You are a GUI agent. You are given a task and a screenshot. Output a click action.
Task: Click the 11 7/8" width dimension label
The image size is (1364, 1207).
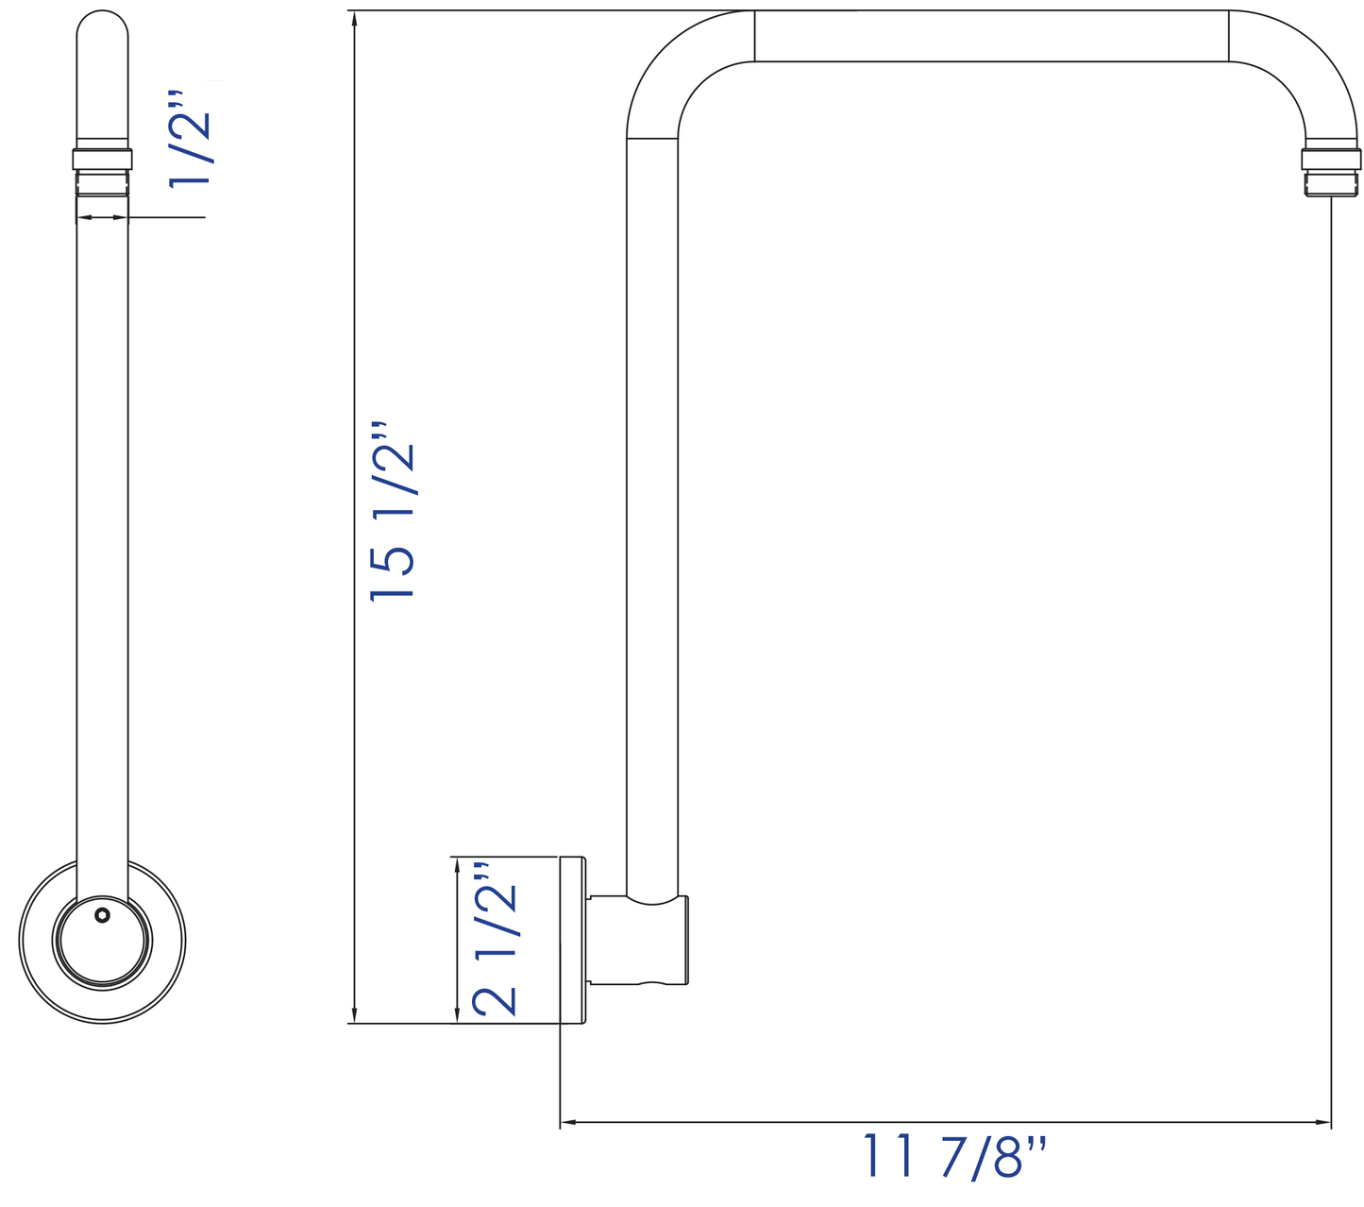954,1156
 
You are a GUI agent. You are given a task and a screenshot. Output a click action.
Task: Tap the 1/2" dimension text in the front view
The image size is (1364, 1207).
190,139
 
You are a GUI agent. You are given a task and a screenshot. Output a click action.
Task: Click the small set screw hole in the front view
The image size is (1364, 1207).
102,915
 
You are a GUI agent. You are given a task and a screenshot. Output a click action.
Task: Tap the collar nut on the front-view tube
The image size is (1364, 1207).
102,159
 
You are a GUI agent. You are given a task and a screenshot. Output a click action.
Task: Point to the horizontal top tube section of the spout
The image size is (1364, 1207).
991,36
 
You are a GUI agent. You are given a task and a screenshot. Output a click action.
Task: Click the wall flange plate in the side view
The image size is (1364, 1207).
573,940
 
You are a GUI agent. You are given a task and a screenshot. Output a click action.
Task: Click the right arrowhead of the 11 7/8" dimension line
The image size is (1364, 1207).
1323,1122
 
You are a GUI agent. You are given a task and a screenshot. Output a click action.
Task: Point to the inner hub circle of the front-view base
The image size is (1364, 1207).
102,941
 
